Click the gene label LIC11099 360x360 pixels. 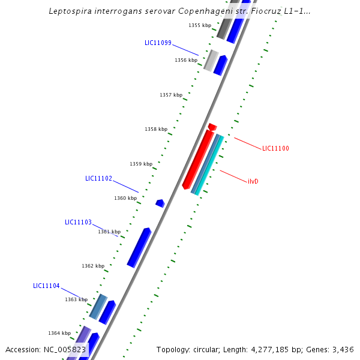pos(158,43)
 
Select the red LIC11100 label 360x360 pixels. pos(275,148)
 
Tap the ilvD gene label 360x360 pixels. pos(253,181)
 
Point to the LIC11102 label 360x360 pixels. pos(98,178)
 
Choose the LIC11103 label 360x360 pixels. pos(78,222)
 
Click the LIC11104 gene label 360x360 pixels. pos(46,286)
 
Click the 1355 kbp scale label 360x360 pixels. pos(200,25)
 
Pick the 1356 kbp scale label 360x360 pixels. pos(186,60)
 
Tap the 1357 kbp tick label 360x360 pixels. pos(171,95)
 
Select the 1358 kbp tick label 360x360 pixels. pos(156,129)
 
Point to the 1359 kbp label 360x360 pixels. pos(141,164)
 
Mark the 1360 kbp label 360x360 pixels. pos(125,198)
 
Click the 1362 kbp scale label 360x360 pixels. pos(93,266)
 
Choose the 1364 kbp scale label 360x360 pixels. pos(59,333)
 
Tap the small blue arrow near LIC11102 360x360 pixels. pos(160,203)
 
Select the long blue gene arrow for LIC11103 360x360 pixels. pos(139,247)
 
